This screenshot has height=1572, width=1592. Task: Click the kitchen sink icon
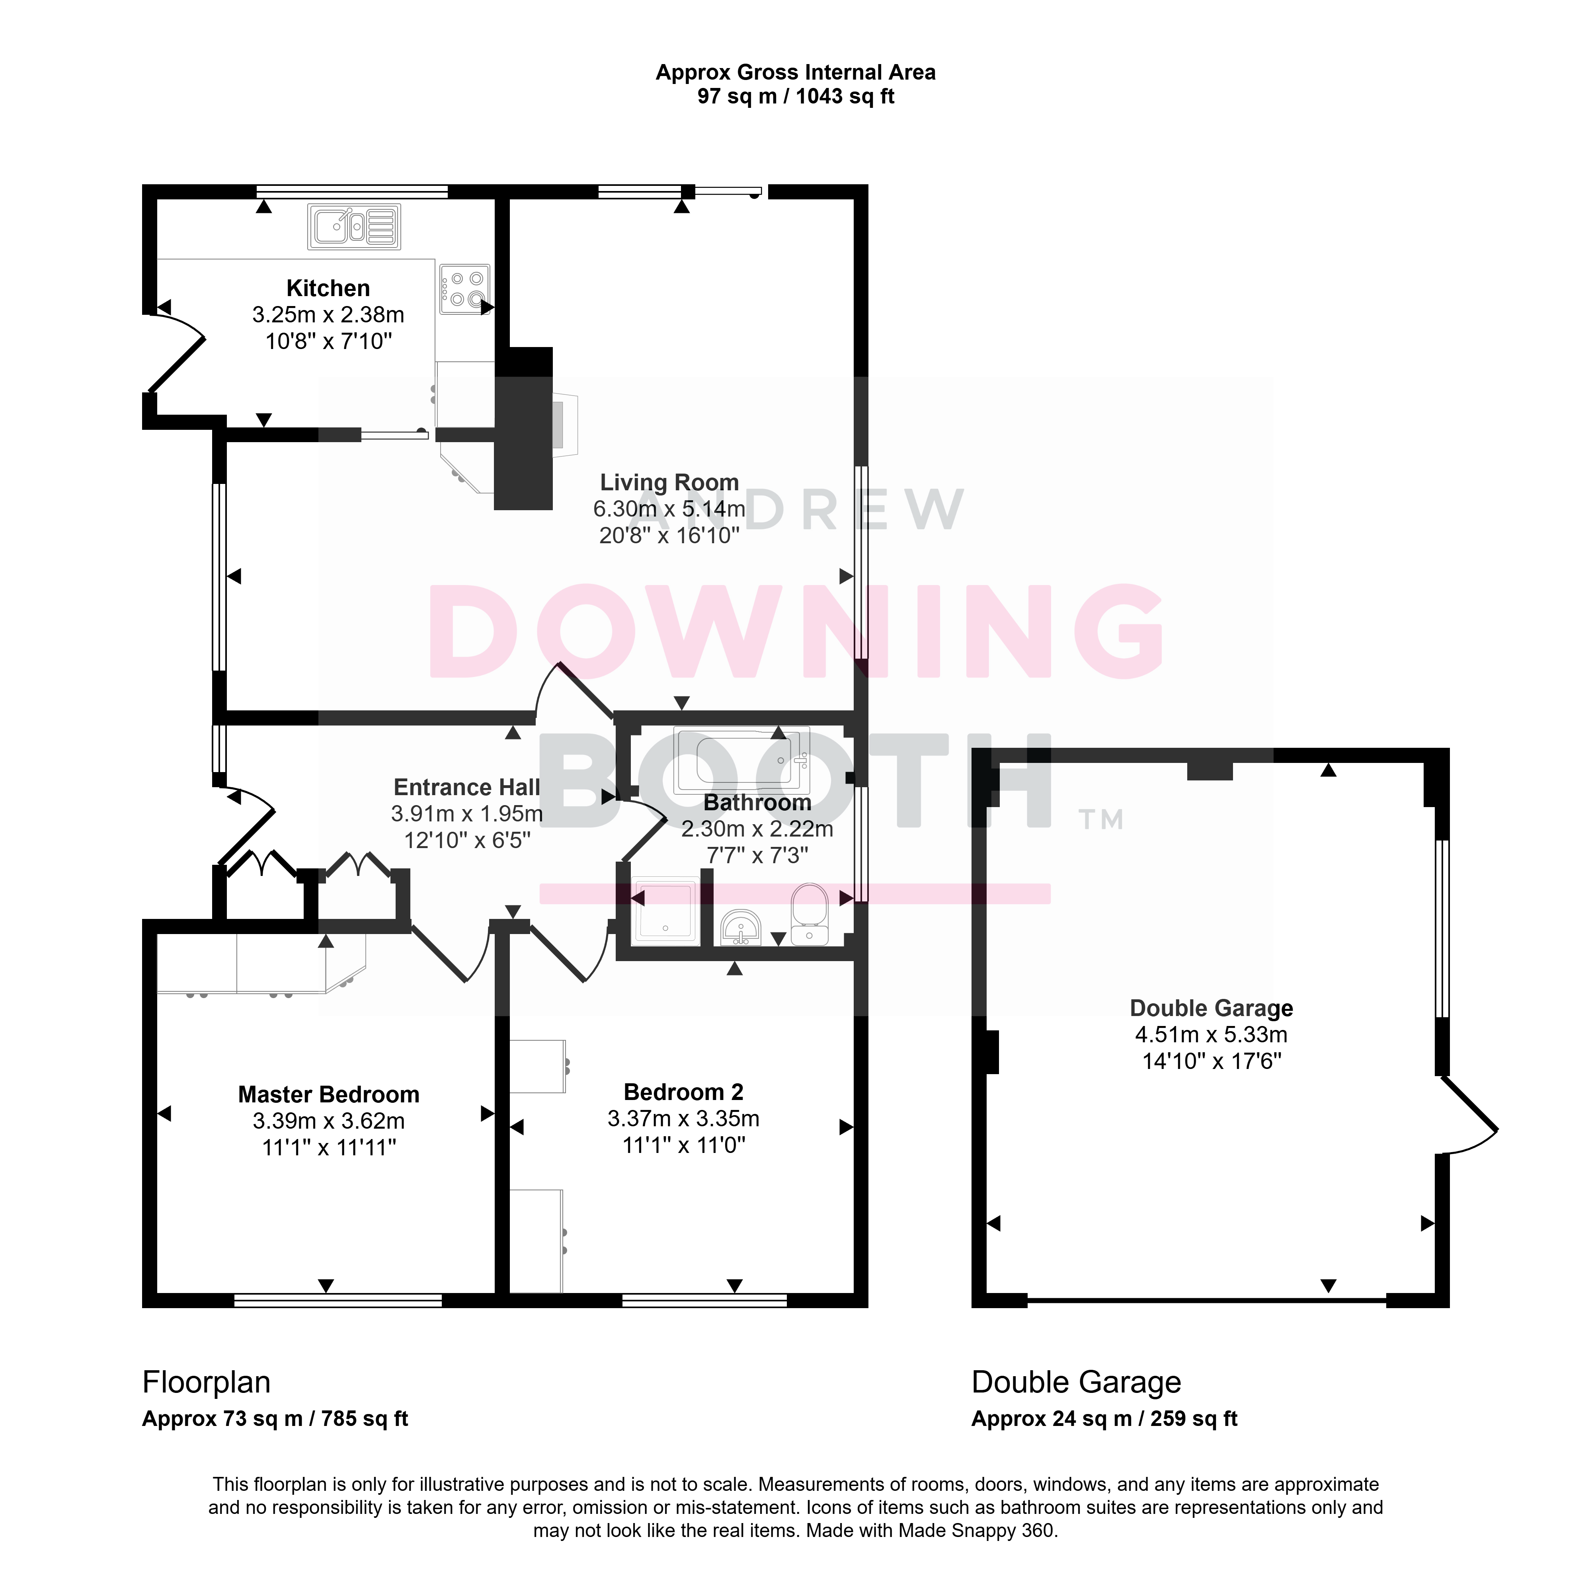pyautogui.click(x=354, y=226)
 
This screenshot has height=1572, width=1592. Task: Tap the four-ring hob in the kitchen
pyautogui.click(x=465, y=289)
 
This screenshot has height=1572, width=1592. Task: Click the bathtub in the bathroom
pyautogui.click(x=741, y=760)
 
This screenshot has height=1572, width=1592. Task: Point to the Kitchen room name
pyautogui.click(x=328, y=289)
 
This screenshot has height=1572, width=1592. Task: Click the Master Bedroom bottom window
pyautogui.click(x=338, y=1301)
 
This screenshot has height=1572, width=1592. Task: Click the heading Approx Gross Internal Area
pyautogui.click(x=795, y=72)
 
